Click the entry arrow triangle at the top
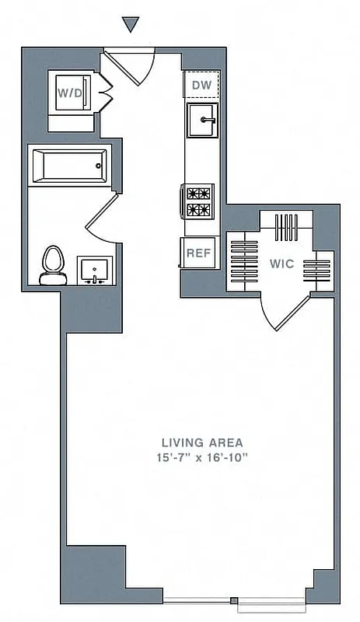tap(131, 25)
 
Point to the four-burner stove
tap(199, 201)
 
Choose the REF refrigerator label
tap(198, 253)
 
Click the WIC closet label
tap(281, 264)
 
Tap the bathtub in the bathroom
tap(68, 165)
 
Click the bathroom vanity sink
tap(96, 271)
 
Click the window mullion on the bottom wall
tap(234, 600)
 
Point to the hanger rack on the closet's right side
tap(316, 269)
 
